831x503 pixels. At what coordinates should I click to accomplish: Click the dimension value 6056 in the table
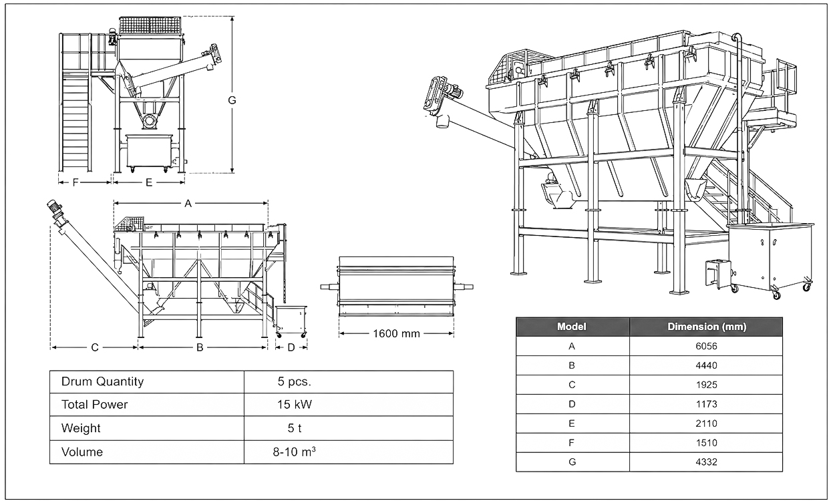(x=706, y=346)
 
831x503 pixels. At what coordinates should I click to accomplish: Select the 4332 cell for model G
(x=706, y=462)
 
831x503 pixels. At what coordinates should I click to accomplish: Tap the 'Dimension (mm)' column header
(x=707, y=327)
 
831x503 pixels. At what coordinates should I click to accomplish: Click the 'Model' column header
(x=572, y=327)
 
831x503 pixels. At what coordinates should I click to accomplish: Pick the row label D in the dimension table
(x=572, y=404)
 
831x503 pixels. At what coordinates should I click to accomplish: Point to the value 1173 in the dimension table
(x=706, y=404)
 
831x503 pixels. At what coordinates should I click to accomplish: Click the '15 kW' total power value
(x=295, y=404)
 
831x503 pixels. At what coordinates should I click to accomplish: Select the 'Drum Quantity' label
(x=102, y=381)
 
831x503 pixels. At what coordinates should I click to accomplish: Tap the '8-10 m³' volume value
(x=294, y=452)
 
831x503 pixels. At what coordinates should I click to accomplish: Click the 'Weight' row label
(x=81, y=428)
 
